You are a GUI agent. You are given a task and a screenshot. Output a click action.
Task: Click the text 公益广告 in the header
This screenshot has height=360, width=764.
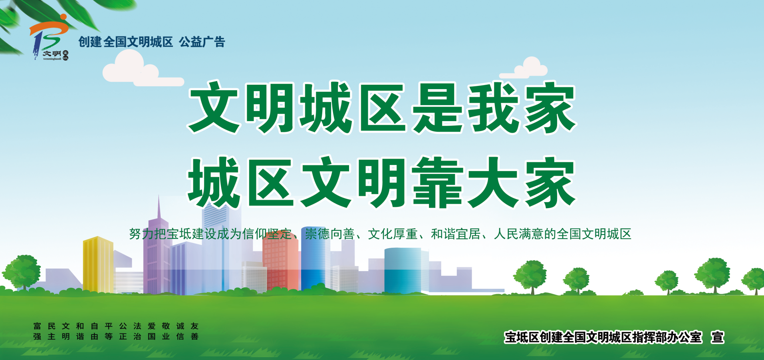pos(202,42)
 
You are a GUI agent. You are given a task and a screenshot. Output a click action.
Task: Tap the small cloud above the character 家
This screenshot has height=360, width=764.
pos(524,68)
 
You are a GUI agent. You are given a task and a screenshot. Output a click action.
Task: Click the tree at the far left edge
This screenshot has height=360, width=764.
pos(22,272)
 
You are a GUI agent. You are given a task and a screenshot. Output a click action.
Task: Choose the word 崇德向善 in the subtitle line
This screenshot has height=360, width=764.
pos(329,234)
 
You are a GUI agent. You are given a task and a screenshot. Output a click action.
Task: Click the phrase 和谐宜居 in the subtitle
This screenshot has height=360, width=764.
pos(455,234)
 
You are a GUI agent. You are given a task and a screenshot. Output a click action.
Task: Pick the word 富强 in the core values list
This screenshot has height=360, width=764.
pos(37,332)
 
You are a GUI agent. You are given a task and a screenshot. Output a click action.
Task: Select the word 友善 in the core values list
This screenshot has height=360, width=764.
pos(194,332)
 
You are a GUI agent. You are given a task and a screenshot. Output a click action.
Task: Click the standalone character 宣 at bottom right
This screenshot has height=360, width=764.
pos(717,337)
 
